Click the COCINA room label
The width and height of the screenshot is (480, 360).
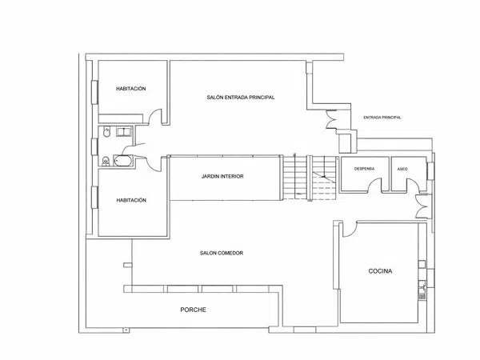coord(380,271)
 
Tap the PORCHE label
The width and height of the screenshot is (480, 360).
coord(193,310)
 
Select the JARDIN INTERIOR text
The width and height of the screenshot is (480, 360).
coord(222,176)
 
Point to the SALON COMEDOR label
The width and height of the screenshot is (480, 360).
coord(222,253)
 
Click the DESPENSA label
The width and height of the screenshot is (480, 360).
coord(364,169)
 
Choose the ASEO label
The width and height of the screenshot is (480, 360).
coord(402,169)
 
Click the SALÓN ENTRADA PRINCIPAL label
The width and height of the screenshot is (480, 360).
coord(241,98)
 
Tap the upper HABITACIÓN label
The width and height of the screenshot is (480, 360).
coord(130,89)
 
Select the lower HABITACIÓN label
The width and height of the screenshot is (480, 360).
coord(131,200)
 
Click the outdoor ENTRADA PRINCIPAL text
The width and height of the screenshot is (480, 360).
coord(382,118)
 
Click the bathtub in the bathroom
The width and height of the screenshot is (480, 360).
coord(123,161)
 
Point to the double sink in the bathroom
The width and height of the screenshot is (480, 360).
coord(124,132)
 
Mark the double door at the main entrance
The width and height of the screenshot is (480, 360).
coord(331,119)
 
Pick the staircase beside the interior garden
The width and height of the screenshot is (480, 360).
coord(309,178)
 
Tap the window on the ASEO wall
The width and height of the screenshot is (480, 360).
coord(430,171)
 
